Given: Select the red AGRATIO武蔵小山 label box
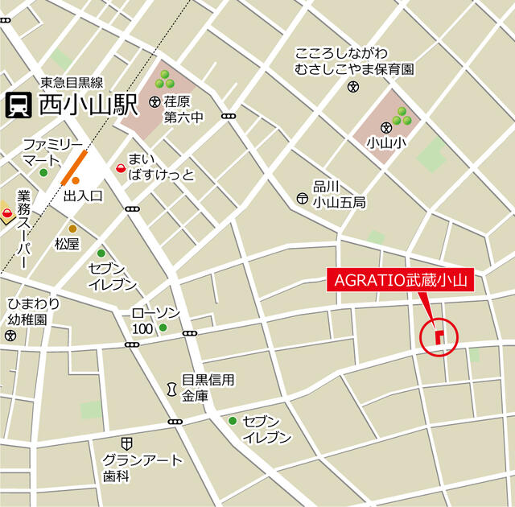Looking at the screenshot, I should pos(399,281).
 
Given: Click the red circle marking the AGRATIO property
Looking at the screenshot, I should pos(439,336).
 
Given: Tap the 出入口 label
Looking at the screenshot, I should pos(84,196).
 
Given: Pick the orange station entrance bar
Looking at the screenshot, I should pos(74,164).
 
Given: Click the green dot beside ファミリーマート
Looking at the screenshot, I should pos(43,172).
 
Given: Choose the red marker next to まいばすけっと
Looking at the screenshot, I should pos(121,168).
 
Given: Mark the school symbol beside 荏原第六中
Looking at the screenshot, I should pos(154,102).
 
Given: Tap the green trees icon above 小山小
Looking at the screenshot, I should pos(400,116).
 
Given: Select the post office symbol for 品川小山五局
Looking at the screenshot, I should pos(302,197).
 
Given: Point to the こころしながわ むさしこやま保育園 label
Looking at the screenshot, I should pos(355,62).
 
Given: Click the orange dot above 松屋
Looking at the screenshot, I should pos(72,229).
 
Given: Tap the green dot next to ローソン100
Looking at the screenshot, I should pos(163,328).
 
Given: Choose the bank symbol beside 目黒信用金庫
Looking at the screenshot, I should pos(171,389).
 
